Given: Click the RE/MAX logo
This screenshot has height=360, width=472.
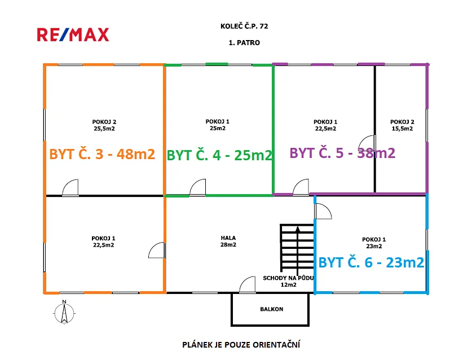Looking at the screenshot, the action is pyautogui.click(x=73, y=34).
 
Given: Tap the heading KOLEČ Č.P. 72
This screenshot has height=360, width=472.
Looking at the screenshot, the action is pyautogui.click(x=244, y=26).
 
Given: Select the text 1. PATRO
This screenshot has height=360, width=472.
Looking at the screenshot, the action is pyautogui.click(x=244, y=43).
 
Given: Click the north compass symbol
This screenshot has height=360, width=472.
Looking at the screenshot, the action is pyautogui.click(x=64, y=313).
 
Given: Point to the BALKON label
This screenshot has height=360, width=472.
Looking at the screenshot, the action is pyautogui.click(x=271, y=309).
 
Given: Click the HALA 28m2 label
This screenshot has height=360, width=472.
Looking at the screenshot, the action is pyautogui.click(x=228, y=242).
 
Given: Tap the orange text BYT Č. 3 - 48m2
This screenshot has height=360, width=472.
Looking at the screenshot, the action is pyautogui.click(x=102, y=154).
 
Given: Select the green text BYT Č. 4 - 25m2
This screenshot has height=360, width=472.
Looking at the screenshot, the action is pyautogui.click(x=219, y=155).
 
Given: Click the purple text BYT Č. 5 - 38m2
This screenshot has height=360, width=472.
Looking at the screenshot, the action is pyautogui.click(x=342, y=153).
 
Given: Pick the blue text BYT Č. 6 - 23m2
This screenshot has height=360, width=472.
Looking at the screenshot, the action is pyautogui.click(x=371, y=263).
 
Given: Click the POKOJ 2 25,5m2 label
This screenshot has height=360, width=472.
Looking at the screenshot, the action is pyautogui.click(x=104, y=125).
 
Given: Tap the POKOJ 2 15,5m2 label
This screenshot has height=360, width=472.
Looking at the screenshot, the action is pyautogui.click(x=402, y=125).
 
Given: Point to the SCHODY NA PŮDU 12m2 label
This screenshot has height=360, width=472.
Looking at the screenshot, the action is pyautogui.click(x=288, y=282).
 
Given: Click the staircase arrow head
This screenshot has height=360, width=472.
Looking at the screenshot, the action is pyautogui.click(x=297, y=230).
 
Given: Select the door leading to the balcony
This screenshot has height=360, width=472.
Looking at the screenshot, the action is pyautogui.click(x=248, y=284).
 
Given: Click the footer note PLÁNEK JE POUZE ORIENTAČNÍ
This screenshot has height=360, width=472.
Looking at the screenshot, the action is pyautogui.click(x=241, y=345).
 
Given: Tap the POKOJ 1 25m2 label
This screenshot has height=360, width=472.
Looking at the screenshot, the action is pyautogui.click(x=217, y=125).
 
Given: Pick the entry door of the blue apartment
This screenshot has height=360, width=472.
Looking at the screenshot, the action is pyautogui.click(x=323, y=212).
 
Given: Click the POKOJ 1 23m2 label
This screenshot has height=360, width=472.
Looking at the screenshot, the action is pyautogui.click(x=374, y=243).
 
